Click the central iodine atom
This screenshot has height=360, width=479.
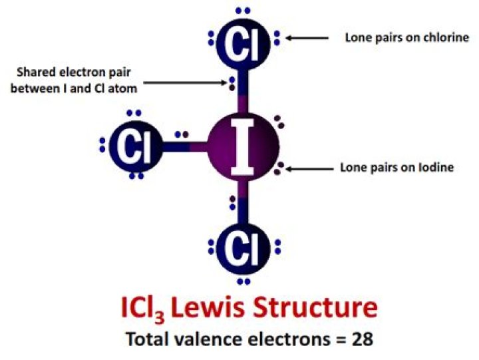pyautogui.click(x=243, y=147)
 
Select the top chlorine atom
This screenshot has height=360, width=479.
pyautogui.click(x=243, y=44)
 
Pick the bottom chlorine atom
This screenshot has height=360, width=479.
pyautogui.click(x=243, y=248)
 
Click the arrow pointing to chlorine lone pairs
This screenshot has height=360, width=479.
pyautogui.click(x=307, y=38)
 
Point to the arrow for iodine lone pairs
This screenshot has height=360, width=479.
pyautogui.click(x=309, y=169)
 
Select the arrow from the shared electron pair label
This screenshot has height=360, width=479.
pyautogui.click(x=186, y=83)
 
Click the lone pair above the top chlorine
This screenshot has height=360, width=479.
pyautogui.click(x=243, y=11)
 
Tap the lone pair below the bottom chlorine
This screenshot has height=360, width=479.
pyautogui.click(x=243, y=281)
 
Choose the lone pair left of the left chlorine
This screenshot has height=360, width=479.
pyautogui.click(x=102, y=145)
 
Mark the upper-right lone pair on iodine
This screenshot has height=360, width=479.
pyautogui.click(x=279, y=122)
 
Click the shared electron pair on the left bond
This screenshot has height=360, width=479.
pyautogui.click(x=182, y=134)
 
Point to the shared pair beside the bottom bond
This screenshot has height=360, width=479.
pyautogui.click(x=232, y=203)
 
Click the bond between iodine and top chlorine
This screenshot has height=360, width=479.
pyautogui.click(x=243, y=92)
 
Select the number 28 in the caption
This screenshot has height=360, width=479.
pyautogui.click(x=363, y=339)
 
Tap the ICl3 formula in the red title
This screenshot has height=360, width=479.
pyautogui.click(x=143, y=309)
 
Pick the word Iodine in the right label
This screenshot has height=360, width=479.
pyautogui.click(x=436, y=168)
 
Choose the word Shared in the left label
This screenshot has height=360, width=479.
pyautogui.click(x=37, y=73)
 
